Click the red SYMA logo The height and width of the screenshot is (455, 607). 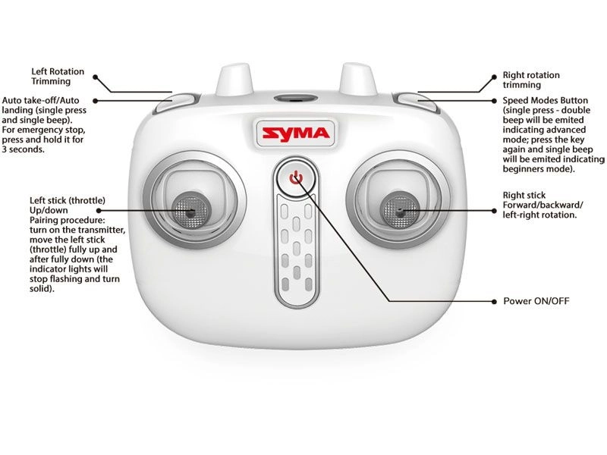pos(296,133)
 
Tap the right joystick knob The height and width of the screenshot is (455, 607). pos(399,208)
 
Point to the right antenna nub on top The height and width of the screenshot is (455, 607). pos(356,80)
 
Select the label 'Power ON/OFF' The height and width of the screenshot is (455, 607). pos(536,301)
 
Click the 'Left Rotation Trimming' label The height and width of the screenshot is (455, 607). pos(57,75)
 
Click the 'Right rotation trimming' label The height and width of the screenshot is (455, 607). pos(531,80)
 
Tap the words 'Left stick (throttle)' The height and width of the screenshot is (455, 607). pos(67,199)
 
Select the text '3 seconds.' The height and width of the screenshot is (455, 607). pos(24,149)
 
